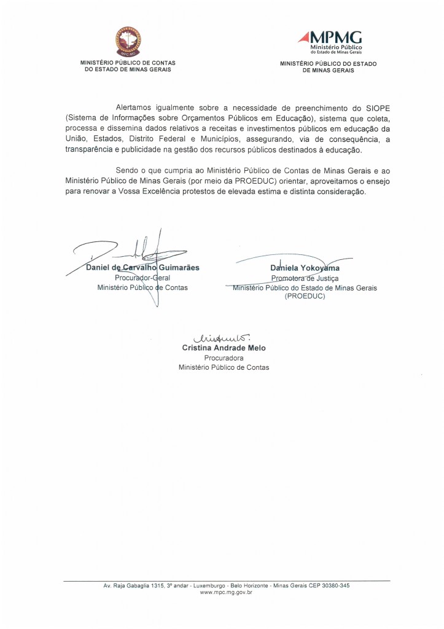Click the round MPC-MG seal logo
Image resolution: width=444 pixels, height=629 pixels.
[128, 41]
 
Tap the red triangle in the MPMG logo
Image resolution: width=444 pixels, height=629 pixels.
[305, 38]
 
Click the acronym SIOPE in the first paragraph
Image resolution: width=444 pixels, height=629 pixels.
[375, 107]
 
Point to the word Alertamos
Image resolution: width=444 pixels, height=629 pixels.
[134, 107]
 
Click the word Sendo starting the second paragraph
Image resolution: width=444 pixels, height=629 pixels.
[127, 170]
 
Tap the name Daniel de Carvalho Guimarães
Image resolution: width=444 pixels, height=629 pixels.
[142, 268]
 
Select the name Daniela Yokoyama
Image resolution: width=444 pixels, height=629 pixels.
[305, 268]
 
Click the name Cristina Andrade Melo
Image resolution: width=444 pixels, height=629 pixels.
[224, 348]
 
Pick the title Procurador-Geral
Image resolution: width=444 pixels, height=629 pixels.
[142, 278]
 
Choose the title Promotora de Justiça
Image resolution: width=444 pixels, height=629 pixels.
[305, 278]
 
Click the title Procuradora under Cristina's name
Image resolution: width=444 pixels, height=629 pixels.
[224, 357]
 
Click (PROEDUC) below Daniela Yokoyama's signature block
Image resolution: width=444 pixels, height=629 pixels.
[305, 296]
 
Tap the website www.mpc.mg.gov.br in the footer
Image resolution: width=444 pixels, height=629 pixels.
[227, 592]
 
